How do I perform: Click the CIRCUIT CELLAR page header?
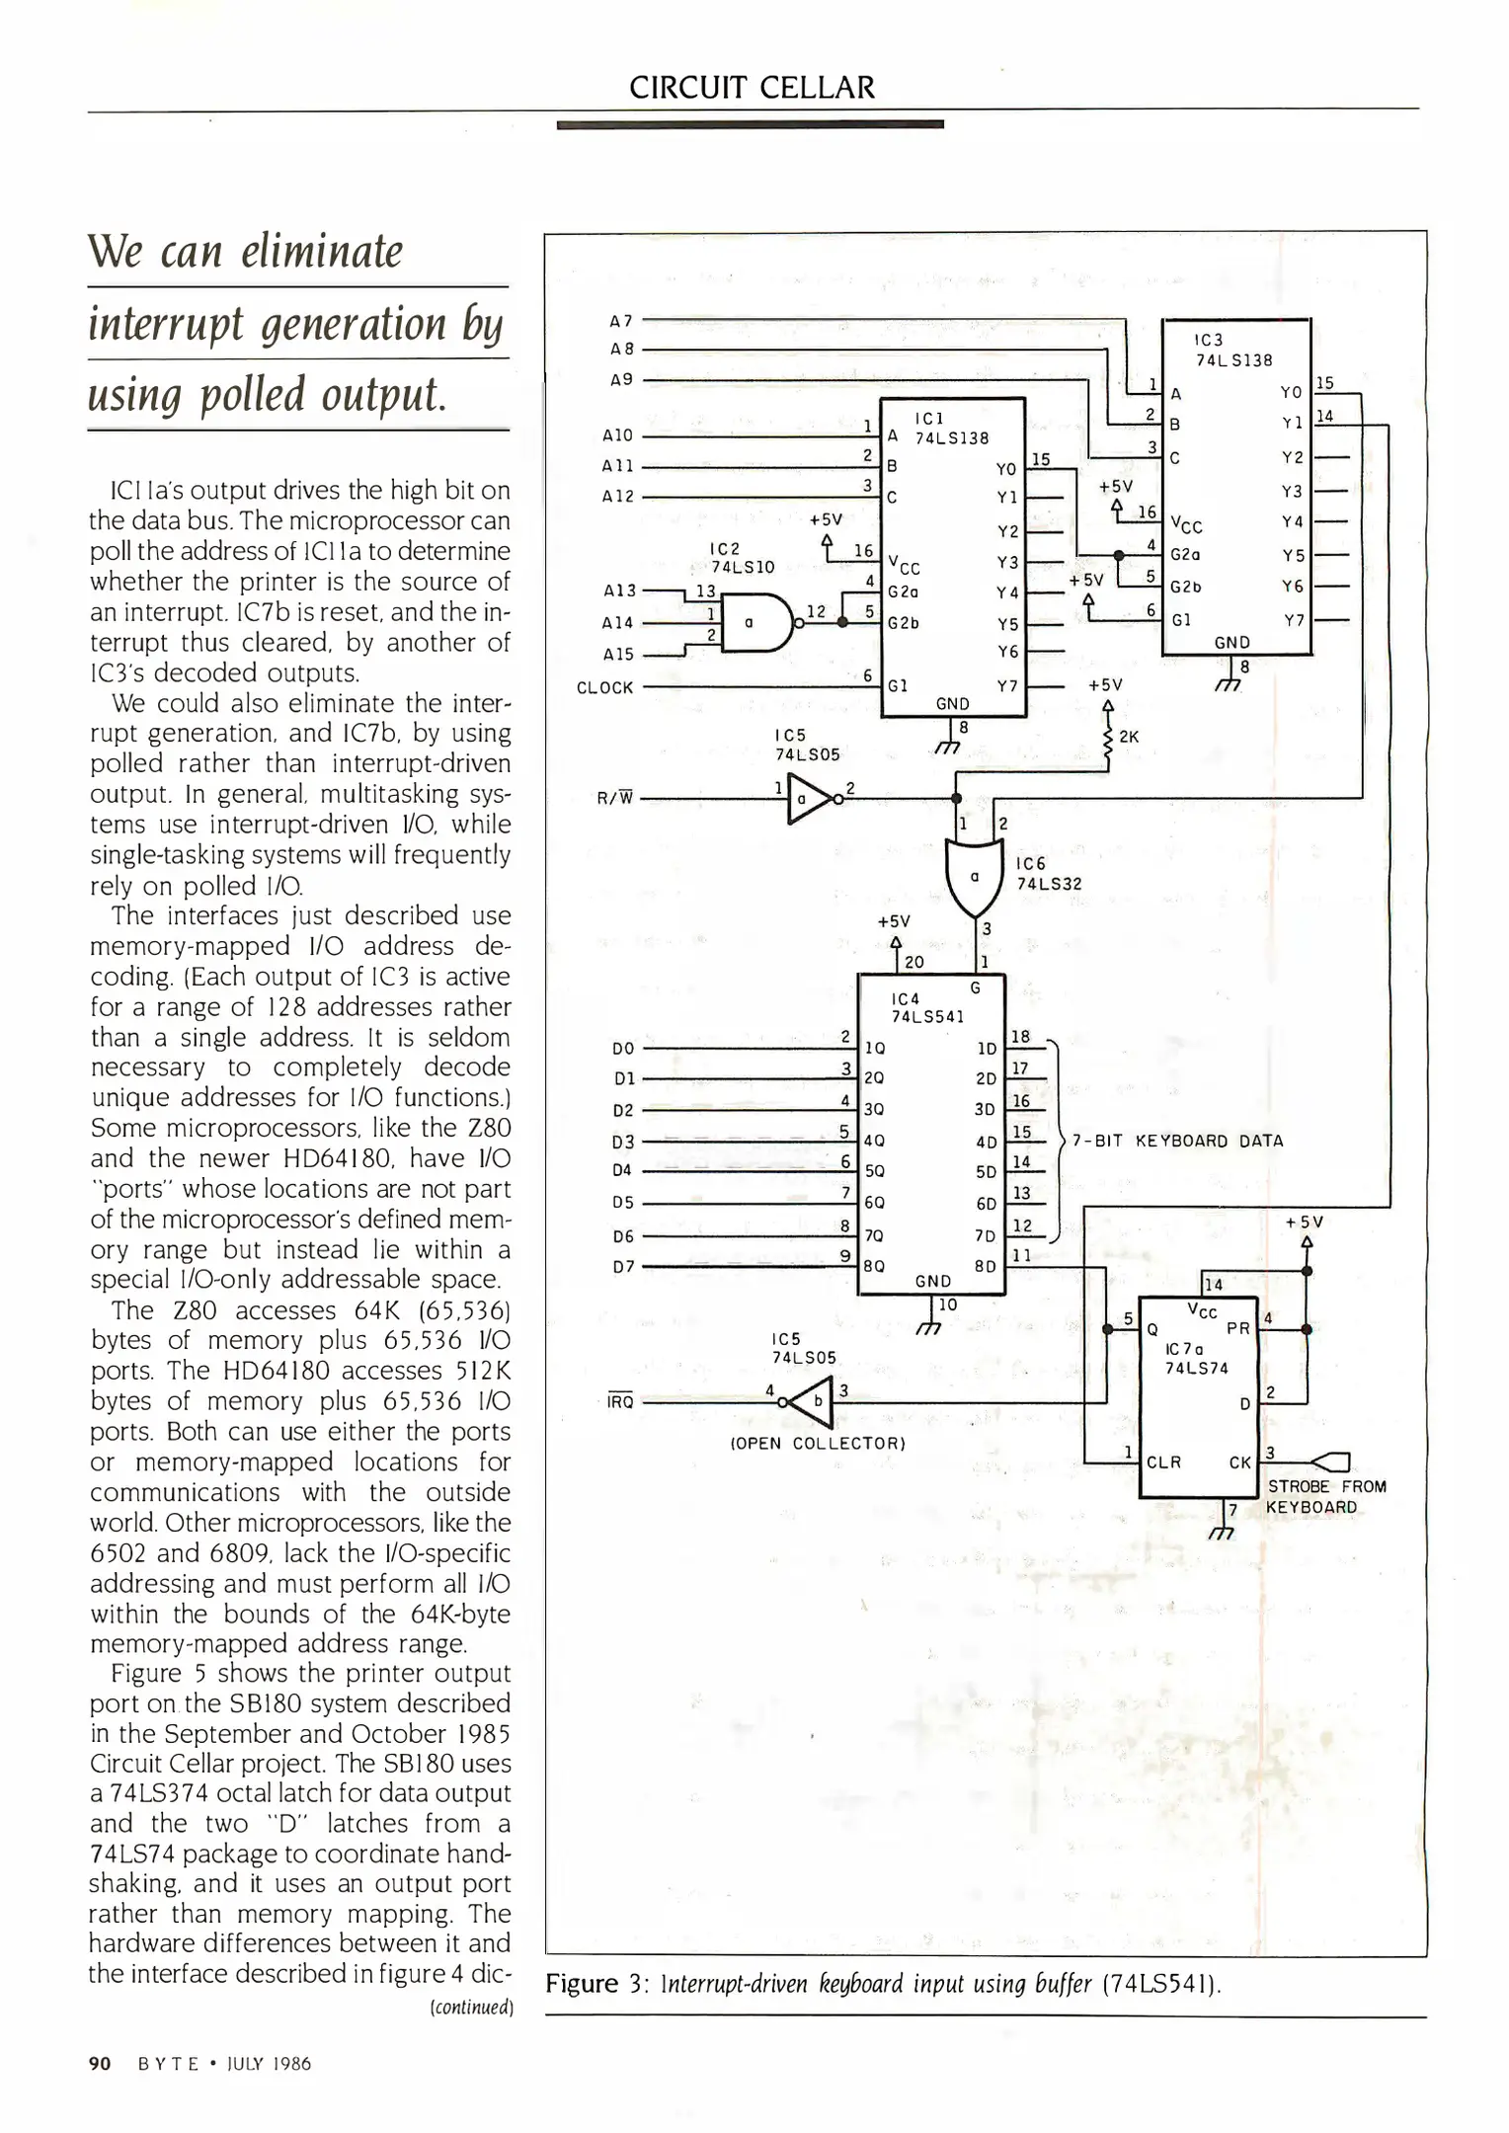(752, 88)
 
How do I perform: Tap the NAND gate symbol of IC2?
(756, 623)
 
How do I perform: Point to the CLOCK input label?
(605, 687)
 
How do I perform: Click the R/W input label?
(613, 798)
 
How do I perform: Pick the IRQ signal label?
(620, 1401)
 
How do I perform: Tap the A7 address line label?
(620, 321)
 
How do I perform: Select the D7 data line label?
(623, 1266)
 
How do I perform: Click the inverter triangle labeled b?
(813, 1402)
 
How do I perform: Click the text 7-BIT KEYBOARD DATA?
(1177, 1141)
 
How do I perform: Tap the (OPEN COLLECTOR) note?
(817, 1443)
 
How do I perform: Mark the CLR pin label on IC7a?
(1164, 1462)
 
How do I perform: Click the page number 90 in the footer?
(100, 2064)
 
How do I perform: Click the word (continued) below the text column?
(471, 2008)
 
